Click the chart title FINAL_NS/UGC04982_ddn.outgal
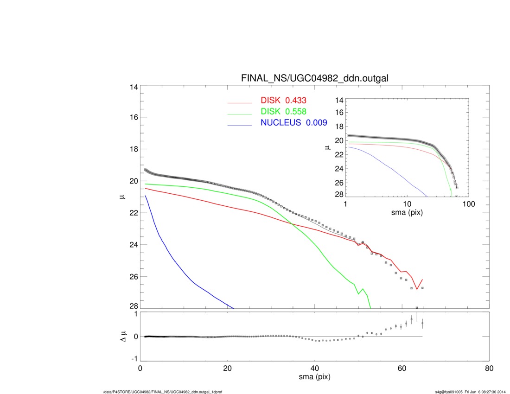click(x=315, y=79)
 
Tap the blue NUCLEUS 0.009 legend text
click(x=293, y=123)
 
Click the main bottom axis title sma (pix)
click(x=314, y=378)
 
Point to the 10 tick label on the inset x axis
click(x=407, y=204)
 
